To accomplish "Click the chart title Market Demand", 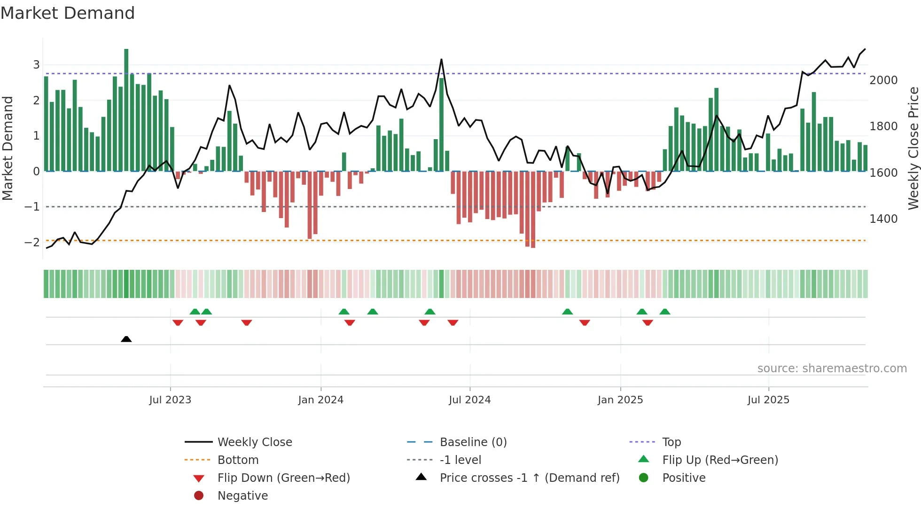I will click(68, 13).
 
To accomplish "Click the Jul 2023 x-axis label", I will click(170, 400).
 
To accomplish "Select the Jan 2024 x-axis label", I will click(320, 400).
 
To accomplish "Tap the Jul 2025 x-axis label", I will click(768, 400).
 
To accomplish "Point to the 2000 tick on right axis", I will click(883, 80).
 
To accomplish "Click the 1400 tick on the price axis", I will click(883, 219).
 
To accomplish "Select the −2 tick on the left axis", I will click(32, 243).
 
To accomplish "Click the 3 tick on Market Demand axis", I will click(36, 65).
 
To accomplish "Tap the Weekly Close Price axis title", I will click(913, 148).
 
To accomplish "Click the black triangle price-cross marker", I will click(126, 339).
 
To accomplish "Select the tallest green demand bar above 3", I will click(126, 108).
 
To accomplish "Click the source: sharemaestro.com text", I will click(832, 369).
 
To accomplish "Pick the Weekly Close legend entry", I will click(255, 442).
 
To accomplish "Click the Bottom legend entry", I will click(238, 460).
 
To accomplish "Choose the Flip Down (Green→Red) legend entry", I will click(283, 478).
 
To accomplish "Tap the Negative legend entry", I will click(242, 496).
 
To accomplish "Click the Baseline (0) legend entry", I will click(473, 442).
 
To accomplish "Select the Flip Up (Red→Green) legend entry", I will click(720, 460).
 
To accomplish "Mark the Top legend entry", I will click(671, 442).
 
